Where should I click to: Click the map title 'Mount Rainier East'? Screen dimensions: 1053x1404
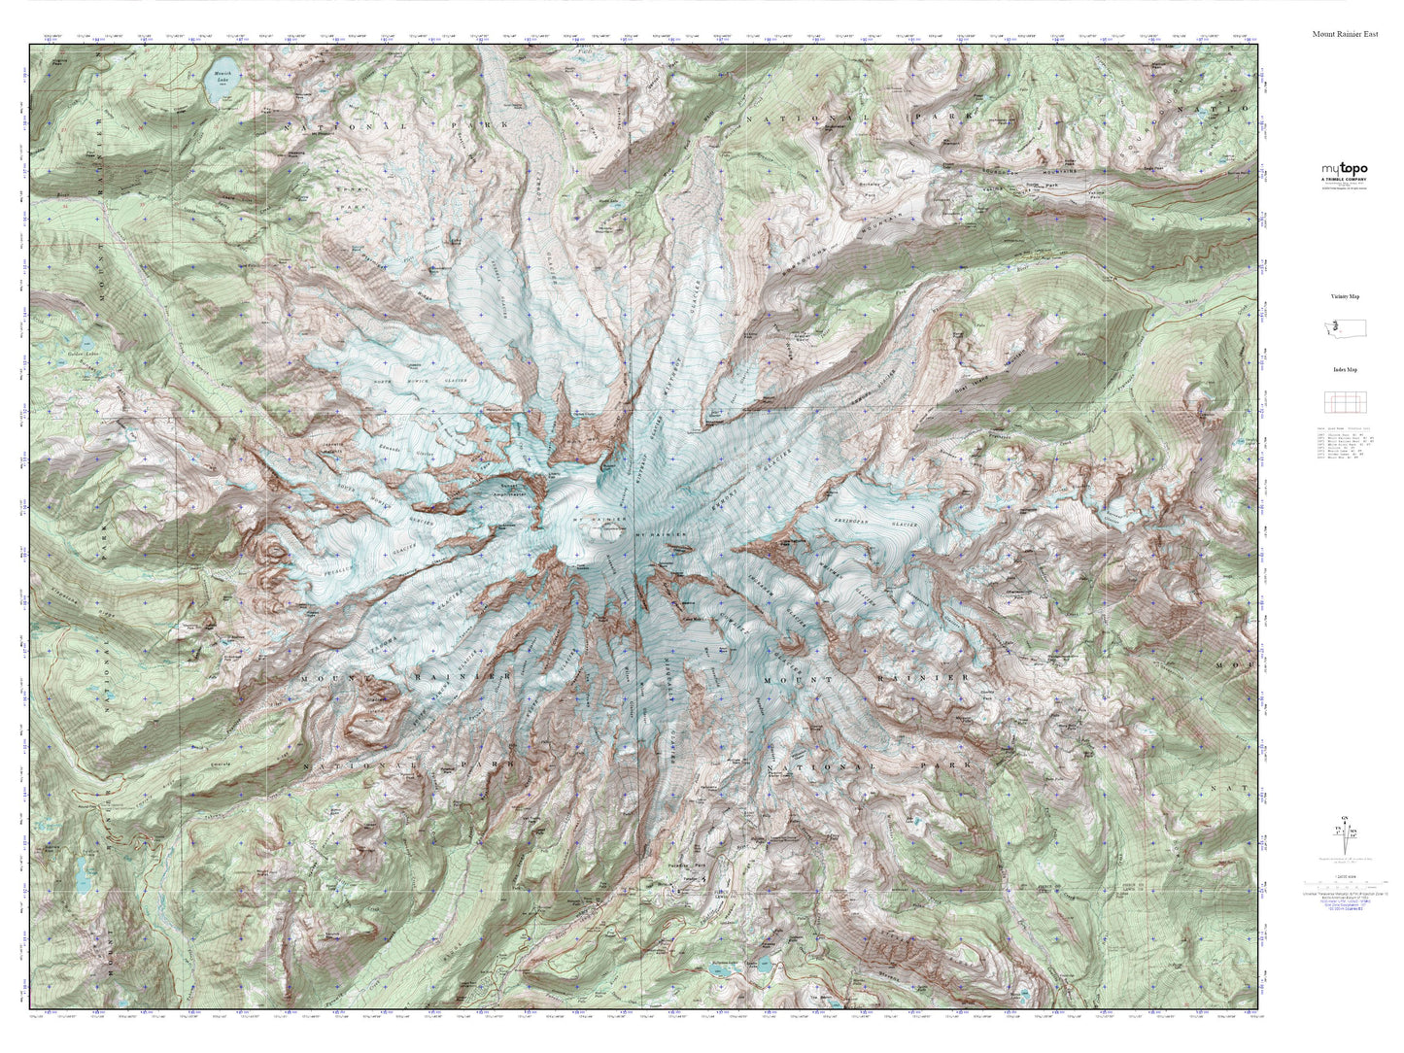pyautogui.click(x=1344, y=34)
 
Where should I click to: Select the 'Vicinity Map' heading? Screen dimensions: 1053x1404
pyautogui.click(x=1345, y=296)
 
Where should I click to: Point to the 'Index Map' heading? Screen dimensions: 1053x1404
pyautogui.click(x=1345, y=370)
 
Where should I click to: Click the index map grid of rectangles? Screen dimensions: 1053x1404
pyautogui.click(x=1345, y=401)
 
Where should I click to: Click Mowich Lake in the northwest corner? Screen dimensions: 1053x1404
pyautogui.click(x=215, y=87)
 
